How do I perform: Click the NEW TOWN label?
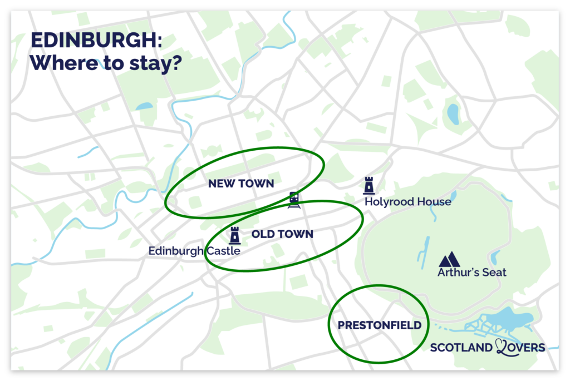click(x=241, y=184)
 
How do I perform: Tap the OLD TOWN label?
click(x=282, y=234)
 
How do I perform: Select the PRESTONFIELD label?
click(x=380, y=325)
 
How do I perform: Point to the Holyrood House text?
click(x=407, y=201)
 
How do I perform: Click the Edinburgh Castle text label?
click(x=194, y=251)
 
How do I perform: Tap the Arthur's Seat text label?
click(x=471, y=273)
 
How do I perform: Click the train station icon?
click(x=294, y=200)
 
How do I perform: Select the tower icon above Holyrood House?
click(x=368, y=185)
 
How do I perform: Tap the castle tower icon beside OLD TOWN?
click(x=234, y=235)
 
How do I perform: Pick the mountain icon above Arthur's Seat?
click(x=449, y=259)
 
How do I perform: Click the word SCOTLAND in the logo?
click(x=461, y=348)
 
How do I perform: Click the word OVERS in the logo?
click(x=525, y=348)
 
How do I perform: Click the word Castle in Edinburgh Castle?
click(x=223, y=251)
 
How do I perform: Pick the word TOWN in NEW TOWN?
click(x=258, y=184)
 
